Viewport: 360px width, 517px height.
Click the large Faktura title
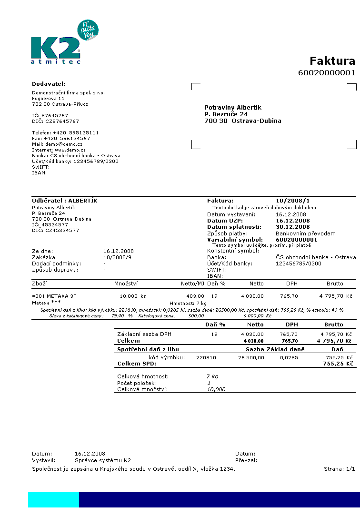coord(332,61)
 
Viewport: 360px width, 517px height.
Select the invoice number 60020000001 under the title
coord(327,72)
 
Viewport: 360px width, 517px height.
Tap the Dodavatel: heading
coord(49,84)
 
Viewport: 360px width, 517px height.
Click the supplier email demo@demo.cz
coord(64,144)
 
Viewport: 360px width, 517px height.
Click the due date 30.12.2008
coord(293,227)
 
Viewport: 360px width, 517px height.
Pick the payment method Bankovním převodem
coord(306,233)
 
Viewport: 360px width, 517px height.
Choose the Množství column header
coord(126,284)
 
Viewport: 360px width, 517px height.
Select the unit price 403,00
coord(195,296)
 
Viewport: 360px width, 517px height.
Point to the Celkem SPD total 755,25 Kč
coord(339,364)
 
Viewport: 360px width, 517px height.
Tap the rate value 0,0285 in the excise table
coord(289,357)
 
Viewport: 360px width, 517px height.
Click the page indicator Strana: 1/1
coord(339,468)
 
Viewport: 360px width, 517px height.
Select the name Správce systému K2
coord(103,460)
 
